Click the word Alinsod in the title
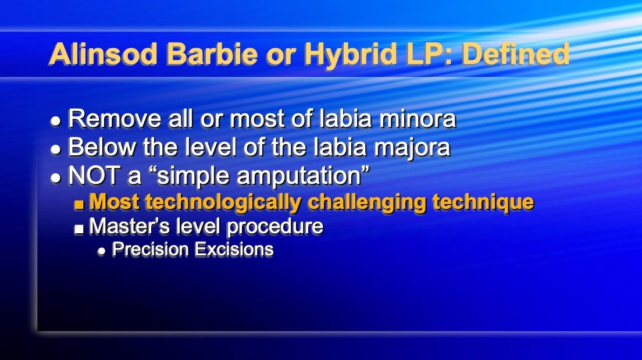pyautogui.click(x=104, y=54)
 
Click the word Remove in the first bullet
pyautogui.click(x=106, y=119)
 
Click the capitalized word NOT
pyautogui.click(x=92, y=176)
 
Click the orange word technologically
pyautogui.click(x=224, y=202)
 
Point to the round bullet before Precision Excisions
pyautogui.click(x=102, y=251)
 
